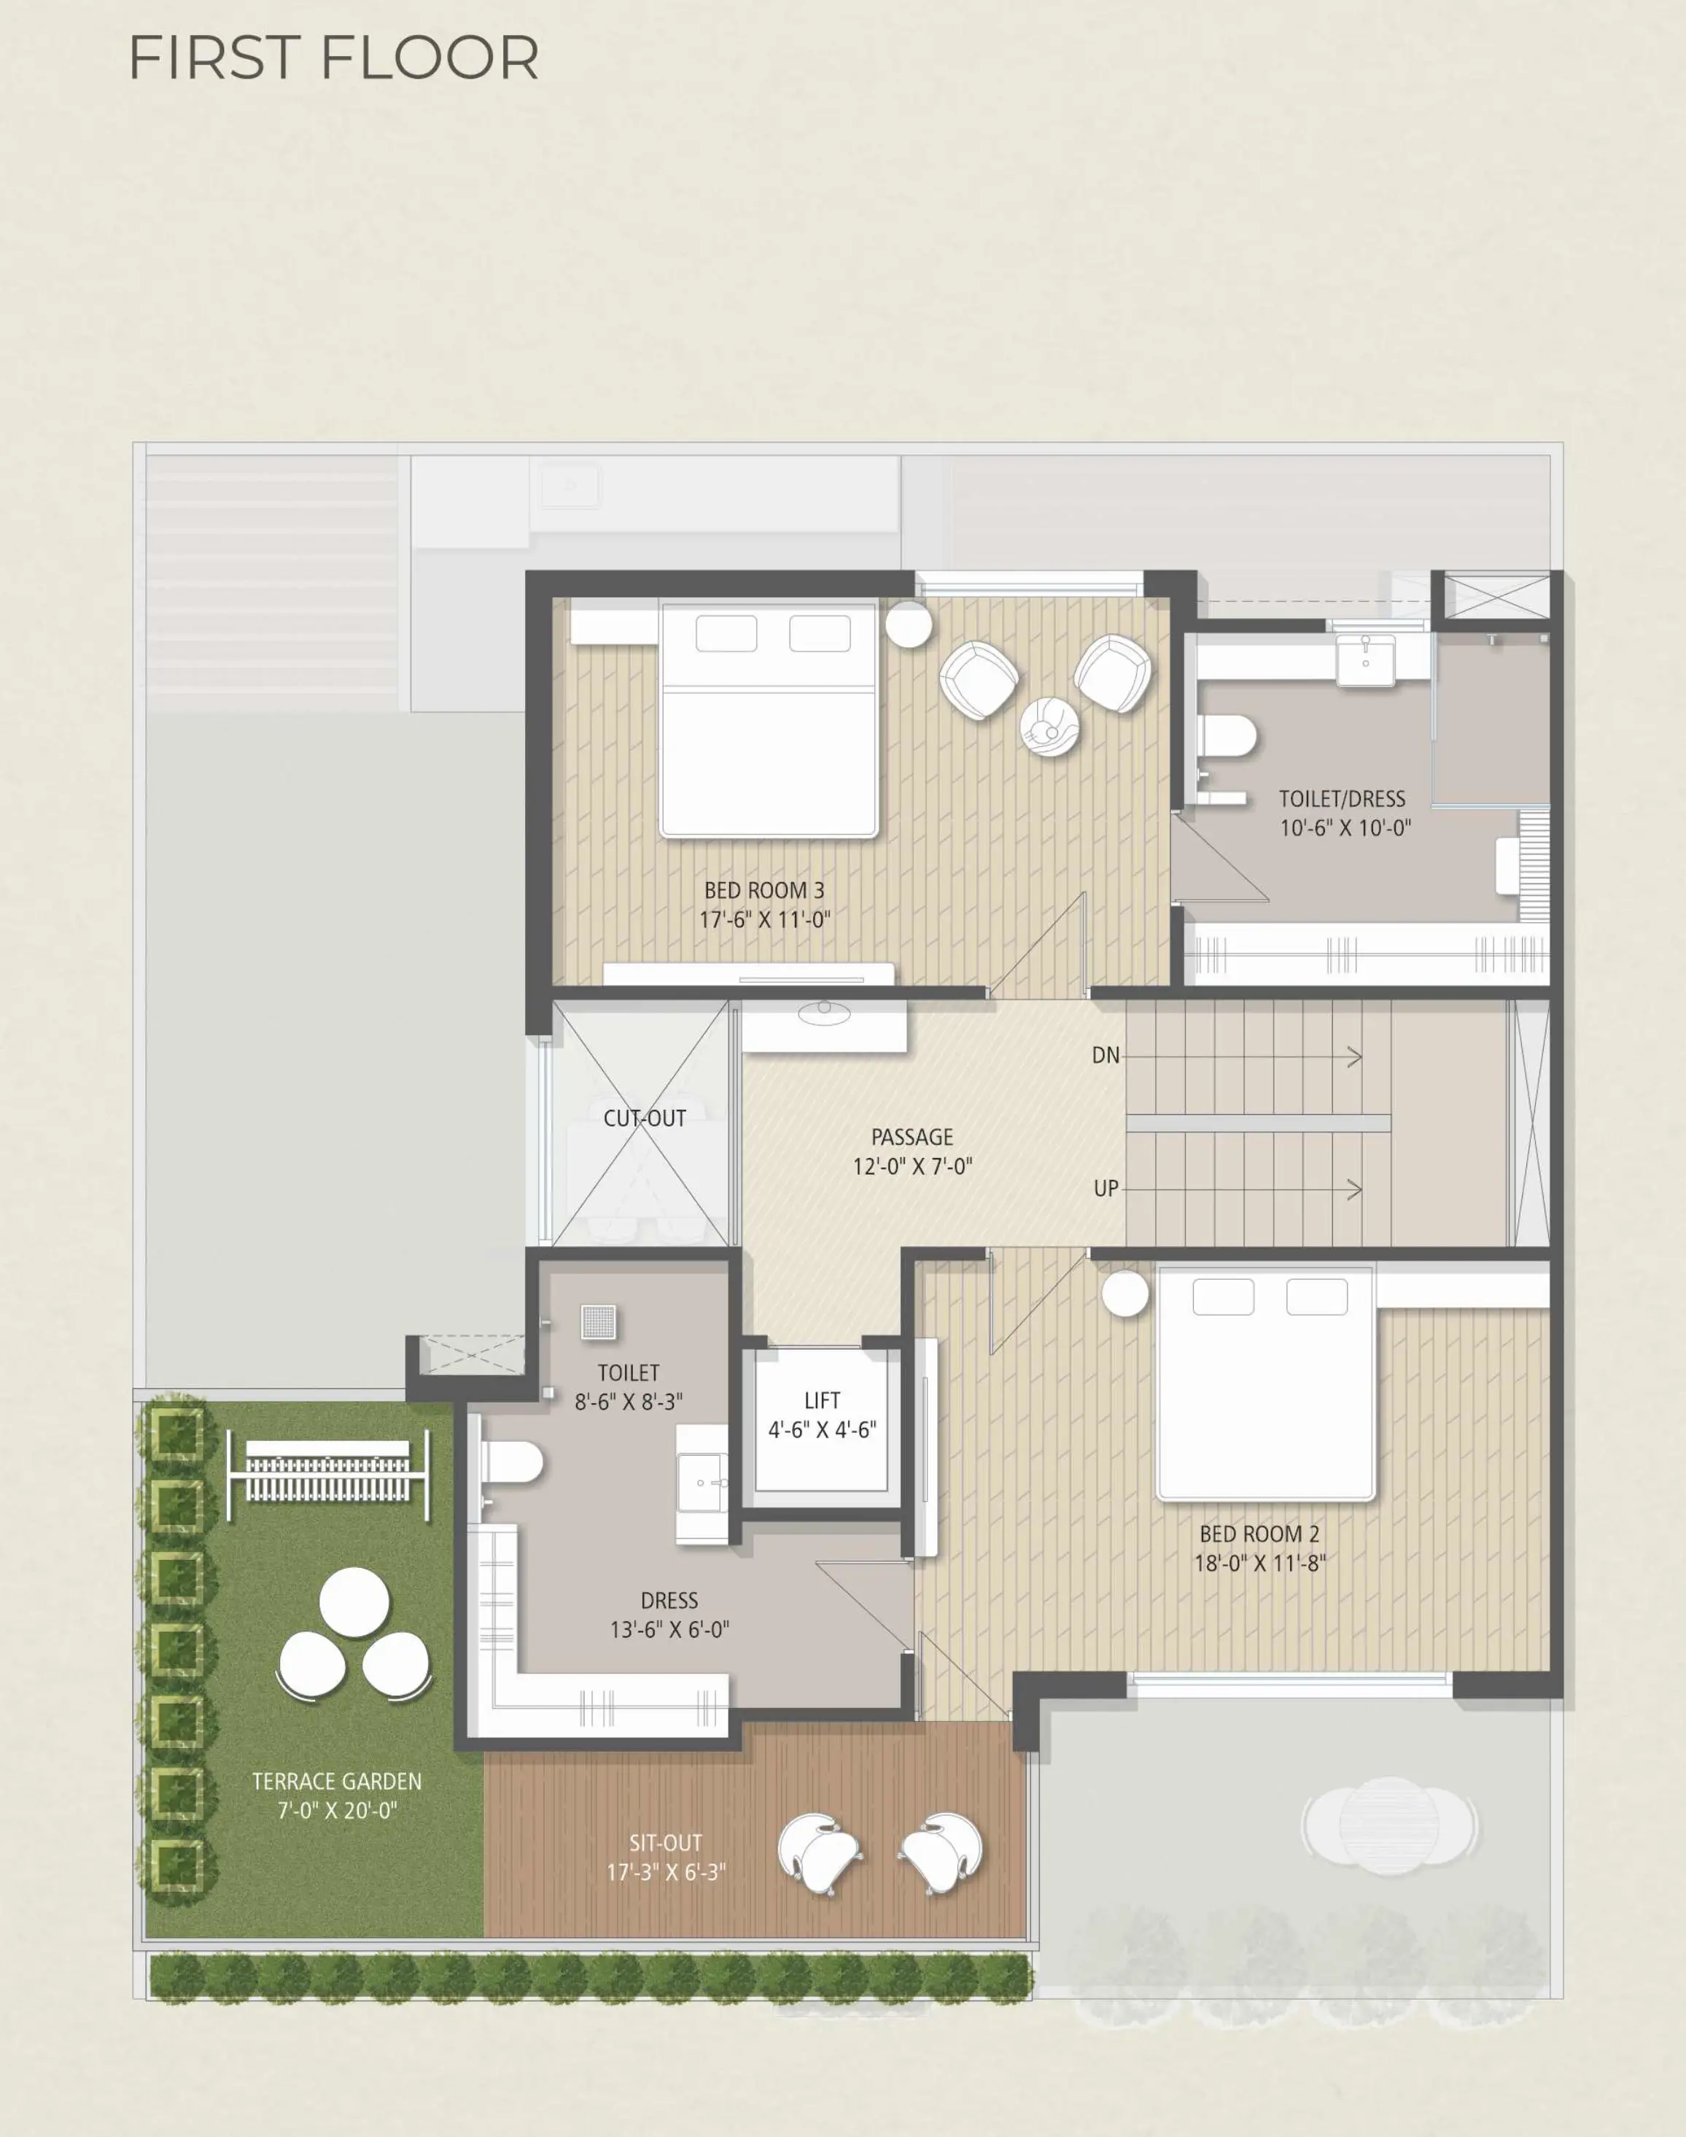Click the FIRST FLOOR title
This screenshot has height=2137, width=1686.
334,58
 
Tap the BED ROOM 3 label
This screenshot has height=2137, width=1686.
764,890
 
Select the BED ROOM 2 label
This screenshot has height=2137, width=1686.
1259,1534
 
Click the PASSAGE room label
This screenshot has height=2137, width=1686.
912,1137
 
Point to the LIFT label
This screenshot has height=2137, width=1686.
823,1400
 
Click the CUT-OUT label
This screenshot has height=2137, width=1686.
645,1118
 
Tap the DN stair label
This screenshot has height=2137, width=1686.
1106,1056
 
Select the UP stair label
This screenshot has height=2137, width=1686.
1106,1188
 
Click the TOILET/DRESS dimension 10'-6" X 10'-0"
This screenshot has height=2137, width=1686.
1345,827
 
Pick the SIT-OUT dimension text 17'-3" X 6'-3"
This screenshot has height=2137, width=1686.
667,1871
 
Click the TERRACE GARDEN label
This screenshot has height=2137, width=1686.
337,1780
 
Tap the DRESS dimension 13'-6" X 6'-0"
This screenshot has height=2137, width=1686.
669,1628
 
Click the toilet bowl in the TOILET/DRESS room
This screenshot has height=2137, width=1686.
1227,735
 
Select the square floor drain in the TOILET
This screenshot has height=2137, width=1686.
598,1322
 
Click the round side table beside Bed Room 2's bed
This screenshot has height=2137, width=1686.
1125,1294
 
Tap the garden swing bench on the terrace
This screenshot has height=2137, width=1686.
329,1475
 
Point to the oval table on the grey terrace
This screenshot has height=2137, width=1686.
1389,1826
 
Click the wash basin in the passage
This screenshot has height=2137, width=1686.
823,1010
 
